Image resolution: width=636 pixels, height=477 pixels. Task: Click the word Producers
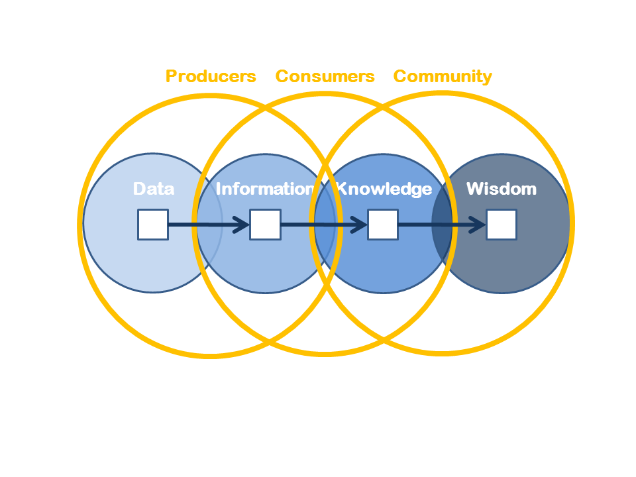click(211, 76)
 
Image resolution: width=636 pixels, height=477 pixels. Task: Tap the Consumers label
click(325, 76)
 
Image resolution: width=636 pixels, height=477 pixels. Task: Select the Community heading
click(443, 77)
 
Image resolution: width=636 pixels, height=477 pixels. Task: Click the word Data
click(154, 189)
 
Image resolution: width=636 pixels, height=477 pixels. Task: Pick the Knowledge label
click(384, 189)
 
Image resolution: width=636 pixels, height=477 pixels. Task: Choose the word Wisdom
click(502, 189)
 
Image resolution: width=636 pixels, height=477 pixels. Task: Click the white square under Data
click(153, 225)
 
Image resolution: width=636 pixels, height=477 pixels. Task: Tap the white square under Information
click(265, 225)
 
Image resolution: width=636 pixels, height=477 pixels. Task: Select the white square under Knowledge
click(383, 225)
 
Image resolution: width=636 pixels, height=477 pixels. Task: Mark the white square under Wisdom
click(502, 225)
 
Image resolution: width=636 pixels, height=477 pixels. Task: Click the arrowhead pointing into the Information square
click(242, 225)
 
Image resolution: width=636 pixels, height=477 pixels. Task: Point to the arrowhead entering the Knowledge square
click(359, 225)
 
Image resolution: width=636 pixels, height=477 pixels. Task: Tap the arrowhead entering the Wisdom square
click(478, 225)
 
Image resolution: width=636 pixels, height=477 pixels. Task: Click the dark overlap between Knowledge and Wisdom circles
click(442, 223)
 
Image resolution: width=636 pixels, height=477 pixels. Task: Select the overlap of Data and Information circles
click(210, 223)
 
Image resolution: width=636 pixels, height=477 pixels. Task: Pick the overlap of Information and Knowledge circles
click(325, 223)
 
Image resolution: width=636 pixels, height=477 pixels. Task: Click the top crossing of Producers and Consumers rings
click(266, 108)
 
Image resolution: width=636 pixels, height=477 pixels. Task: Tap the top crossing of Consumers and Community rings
click(383, 107)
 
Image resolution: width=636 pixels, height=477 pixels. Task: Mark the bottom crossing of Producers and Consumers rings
click(269, 342)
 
